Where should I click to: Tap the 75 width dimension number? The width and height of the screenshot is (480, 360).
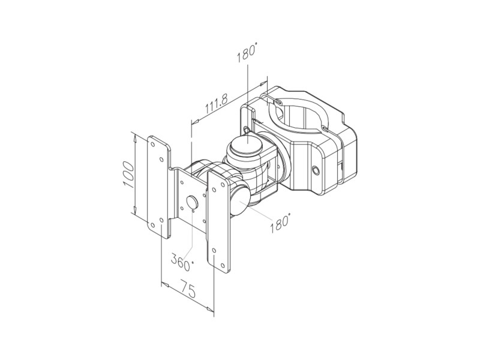[187, 293]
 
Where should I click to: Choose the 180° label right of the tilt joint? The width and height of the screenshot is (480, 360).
[280, 223]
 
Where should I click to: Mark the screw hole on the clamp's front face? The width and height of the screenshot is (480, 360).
[314, 169]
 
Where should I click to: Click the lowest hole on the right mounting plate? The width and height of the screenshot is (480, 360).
[223, 263]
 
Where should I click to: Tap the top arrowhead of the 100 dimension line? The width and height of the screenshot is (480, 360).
[135, 137]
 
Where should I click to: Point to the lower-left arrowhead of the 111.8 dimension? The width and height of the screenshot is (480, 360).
[193, 122]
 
